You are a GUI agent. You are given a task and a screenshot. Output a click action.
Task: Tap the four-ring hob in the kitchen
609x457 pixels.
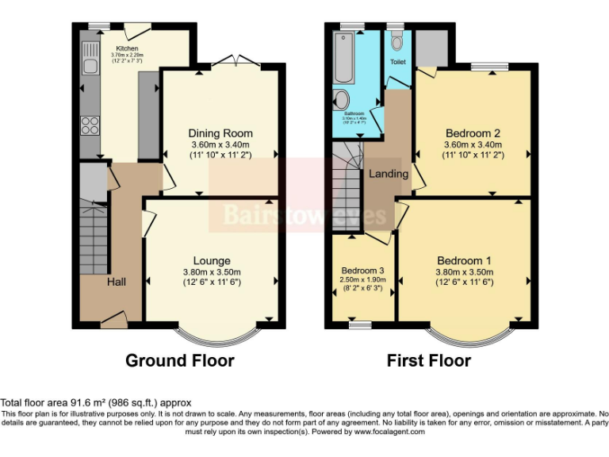(x=90, y=125)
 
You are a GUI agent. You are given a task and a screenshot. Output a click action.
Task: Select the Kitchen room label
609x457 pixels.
(x=127, y=47)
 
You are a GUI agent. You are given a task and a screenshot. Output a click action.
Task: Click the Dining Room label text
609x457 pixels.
(x=220, y=133)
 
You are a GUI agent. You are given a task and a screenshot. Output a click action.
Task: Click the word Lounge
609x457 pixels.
(x=212, y=261)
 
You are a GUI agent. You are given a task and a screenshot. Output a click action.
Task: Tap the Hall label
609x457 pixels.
(x=117, y=282)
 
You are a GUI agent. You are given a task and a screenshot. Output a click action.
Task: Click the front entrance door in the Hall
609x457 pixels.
(x=114, y=321)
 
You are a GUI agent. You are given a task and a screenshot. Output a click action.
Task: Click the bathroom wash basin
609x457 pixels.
(x=341, y=99)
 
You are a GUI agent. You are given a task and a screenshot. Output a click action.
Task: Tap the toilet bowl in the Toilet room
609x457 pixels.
(x=396, y=40)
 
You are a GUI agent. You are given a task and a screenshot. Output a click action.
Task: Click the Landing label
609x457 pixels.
(x=389, y=174)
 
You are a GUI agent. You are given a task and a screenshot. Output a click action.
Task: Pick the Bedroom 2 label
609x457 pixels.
(x=473, y=133)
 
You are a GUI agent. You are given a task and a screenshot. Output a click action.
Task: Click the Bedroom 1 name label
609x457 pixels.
(x=464, y=261)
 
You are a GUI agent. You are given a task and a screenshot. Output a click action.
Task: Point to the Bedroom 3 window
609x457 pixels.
(x=362, y=324)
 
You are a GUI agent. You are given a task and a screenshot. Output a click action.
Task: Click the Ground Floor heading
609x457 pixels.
(x=179, y=361)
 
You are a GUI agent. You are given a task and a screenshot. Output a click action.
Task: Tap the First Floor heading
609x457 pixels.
(x=428, y=361)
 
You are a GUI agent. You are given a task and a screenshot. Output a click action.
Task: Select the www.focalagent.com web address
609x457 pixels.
(x=389, y=432)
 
